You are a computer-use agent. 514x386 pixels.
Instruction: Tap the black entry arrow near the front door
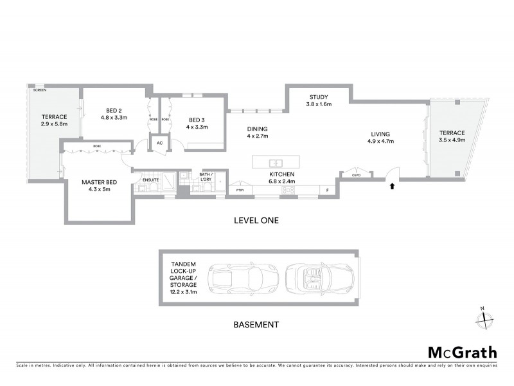(391, 187)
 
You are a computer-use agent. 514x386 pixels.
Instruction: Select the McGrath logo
(462, 352)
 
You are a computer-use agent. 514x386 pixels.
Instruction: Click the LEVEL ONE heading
(256, 221)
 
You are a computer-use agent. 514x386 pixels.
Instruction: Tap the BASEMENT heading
(256, 325)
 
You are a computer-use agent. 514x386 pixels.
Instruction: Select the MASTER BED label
(98, 182)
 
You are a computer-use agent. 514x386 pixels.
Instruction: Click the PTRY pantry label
(240, 190)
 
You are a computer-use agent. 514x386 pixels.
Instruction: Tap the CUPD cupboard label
(357, 174)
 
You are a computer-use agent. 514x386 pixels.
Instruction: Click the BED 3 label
(197, 120)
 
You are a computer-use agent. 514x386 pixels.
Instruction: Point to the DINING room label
(257, 129)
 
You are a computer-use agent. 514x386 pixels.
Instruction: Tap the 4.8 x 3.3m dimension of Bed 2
(114, 118)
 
